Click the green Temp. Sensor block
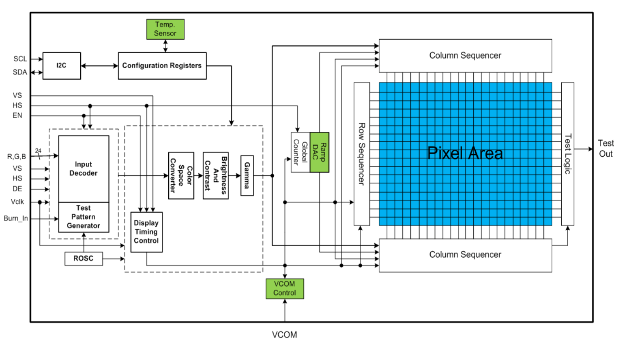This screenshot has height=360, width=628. click(165, 29)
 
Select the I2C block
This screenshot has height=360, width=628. click(61, 65)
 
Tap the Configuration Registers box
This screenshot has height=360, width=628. click(162, 65)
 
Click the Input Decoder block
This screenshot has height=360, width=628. click(84, 169)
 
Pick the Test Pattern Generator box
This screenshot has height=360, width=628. click(84, 217)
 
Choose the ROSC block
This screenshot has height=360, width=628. click(84, 259)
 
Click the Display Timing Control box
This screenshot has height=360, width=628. click(146, 232)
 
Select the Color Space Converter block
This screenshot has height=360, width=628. click(181, 175)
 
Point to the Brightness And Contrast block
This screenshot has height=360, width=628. click(216, 175)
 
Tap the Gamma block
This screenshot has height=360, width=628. click(247, 175)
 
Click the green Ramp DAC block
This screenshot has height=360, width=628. click(319, 152)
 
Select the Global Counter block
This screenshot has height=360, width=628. click(300, 152)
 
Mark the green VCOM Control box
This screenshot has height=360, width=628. click(285, 288)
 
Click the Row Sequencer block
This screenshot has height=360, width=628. click(361, 154)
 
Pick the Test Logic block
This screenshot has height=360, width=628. click(567, 154)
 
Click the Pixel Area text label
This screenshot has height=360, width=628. click(465, 153)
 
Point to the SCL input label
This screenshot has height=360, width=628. click(20, 59)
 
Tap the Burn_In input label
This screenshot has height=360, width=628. click(16, 218)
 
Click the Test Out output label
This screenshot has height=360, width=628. click(605, 148)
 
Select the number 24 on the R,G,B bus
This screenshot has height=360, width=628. click(38, 151)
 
